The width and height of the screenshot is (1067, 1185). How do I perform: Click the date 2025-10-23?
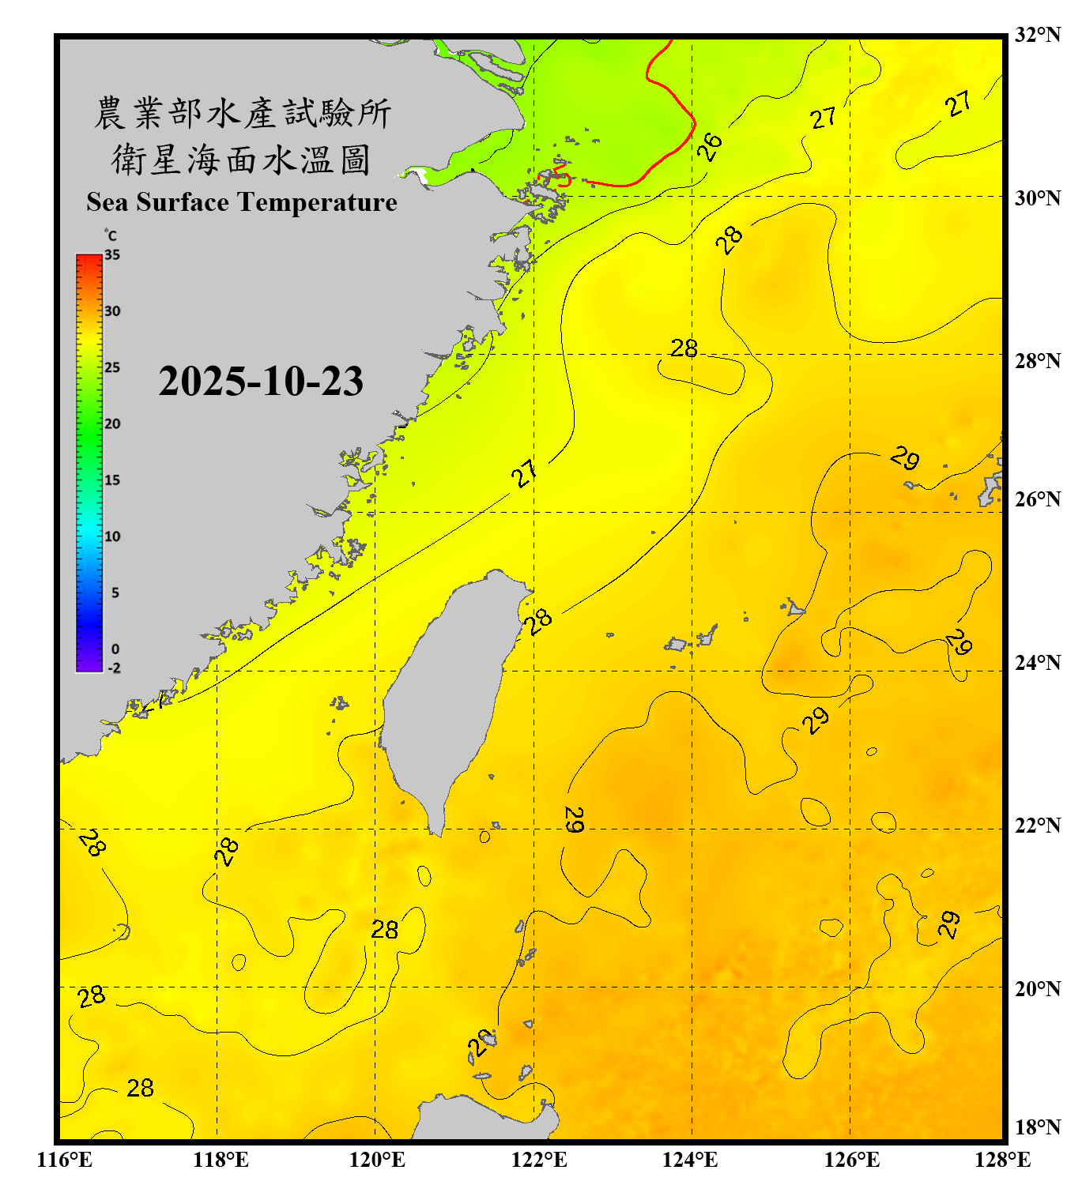(261, 382)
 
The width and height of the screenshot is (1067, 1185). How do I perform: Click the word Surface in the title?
(183, 202)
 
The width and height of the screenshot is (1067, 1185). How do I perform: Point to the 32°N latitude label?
(1038, 35)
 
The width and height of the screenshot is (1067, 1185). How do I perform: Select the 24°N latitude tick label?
(1038, 662)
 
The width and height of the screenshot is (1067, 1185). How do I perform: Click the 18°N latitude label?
(1038, 1127)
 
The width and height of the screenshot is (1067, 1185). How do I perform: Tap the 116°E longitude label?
(65, 1160)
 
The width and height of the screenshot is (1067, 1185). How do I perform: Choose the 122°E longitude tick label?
(539, 1160)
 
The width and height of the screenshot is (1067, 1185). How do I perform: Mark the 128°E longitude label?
(1002, 1160)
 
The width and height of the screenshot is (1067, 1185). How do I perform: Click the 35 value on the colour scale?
(112, 255)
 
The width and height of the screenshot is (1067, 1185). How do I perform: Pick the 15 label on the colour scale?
(112, 480)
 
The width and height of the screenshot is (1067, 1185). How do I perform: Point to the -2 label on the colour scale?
(114, 668)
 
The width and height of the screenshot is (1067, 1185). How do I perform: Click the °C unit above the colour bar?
(111, 235)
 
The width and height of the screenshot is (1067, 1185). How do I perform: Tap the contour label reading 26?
(710, 146)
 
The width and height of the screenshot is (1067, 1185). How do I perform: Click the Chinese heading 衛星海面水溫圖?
(241, 160)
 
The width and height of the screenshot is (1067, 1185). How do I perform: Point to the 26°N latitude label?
(1038, 499)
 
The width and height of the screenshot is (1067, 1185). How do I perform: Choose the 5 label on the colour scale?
(115, 593)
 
